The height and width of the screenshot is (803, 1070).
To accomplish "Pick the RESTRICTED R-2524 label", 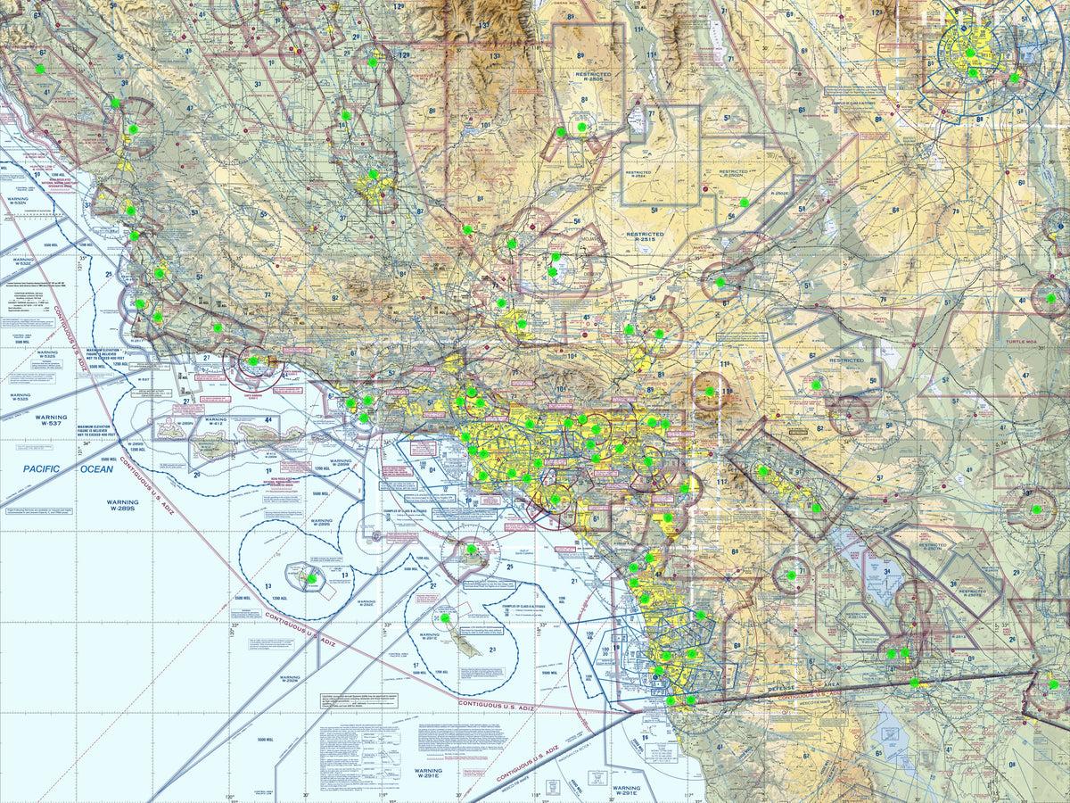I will coord(638,175).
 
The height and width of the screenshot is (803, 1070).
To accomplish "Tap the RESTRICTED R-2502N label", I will coord(733,175).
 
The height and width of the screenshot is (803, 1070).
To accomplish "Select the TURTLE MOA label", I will coord(1023,343).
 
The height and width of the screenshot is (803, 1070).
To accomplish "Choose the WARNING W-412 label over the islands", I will coord(216,420).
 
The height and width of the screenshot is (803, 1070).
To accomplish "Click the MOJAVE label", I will coord(552,240).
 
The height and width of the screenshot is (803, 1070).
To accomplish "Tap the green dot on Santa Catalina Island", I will coord(471,550).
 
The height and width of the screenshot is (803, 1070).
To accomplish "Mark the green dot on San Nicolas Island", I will coord(311,578).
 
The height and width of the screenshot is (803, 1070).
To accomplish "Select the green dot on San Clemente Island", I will coord(445,617).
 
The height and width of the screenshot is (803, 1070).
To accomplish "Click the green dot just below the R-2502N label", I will coord(745,203).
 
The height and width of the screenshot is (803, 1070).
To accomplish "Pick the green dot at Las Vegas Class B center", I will coord(970,54).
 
